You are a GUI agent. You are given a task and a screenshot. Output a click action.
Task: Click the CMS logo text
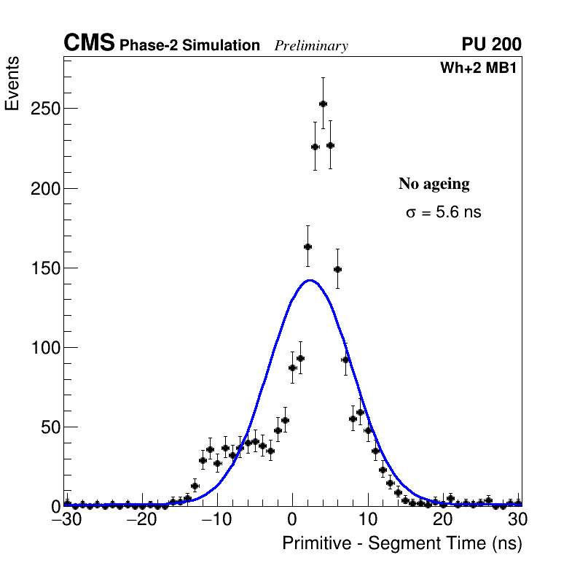(x=89, y=44)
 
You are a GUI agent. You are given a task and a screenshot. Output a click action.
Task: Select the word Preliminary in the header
(x=311, y=46)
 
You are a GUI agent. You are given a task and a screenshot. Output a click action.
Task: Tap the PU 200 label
(x=491, y=44)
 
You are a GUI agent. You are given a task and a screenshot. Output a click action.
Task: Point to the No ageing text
(x=434, y=184)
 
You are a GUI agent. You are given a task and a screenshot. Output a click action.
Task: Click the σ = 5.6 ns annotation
(x=444, y=213)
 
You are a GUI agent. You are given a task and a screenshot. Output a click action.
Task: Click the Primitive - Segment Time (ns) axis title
(x=401, y=543)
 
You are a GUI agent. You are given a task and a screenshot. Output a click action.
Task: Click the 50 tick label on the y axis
(x=49, y=427)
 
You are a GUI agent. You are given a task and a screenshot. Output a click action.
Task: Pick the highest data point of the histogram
(x=323, y=104)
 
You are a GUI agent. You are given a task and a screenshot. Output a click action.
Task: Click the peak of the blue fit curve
(x=310, y=280)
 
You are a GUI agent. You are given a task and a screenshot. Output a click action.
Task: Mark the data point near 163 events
(x=307, y=246)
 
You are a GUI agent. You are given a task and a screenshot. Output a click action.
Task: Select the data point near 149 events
(x=337, y=269)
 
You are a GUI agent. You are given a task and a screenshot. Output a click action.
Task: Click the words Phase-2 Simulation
(x=189, y=46)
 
